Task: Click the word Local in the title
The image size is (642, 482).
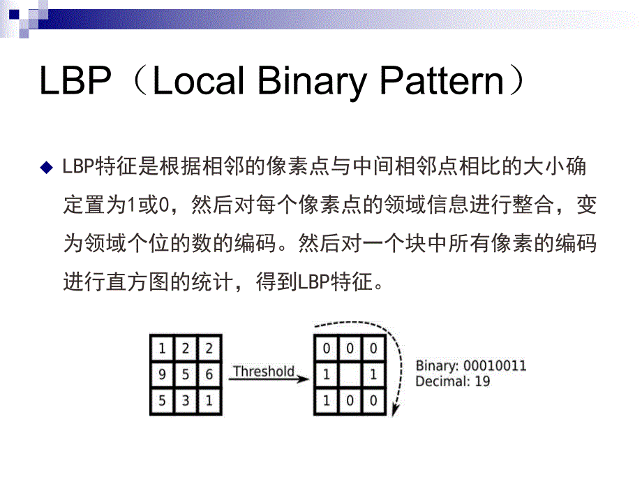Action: coord(197,82)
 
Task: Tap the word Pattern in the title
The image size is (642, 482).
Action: coord(442,82)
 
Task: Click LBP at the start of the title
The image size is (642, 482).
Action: coord(75,82)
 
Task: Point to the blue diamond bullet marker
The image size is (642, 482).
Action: coord(47,168)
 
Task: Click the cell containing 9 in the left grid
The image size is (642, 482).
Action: coord(162,374)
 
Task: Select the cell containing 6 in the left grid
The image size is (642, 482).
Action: coord(209,374)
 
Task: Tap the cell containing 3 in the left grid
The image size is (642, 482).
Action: coord(186,400)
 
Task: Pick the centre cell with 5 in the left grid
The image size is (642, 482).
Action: coord(186,374)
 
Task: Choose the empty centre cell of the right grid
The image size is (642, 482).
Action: coord(350,374)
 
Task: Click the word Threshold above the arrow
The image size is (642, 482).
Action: coord(263,370)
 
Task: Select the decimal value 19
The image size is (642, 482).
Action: coord(481,381)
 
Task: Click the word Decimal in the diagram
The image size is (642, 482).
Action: coord(441,381)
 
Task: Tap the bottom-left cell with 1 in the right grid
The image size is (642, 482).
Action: coord(326,400)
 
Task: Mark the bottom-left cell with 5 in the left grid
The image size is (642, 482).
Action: coord(162,400)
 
